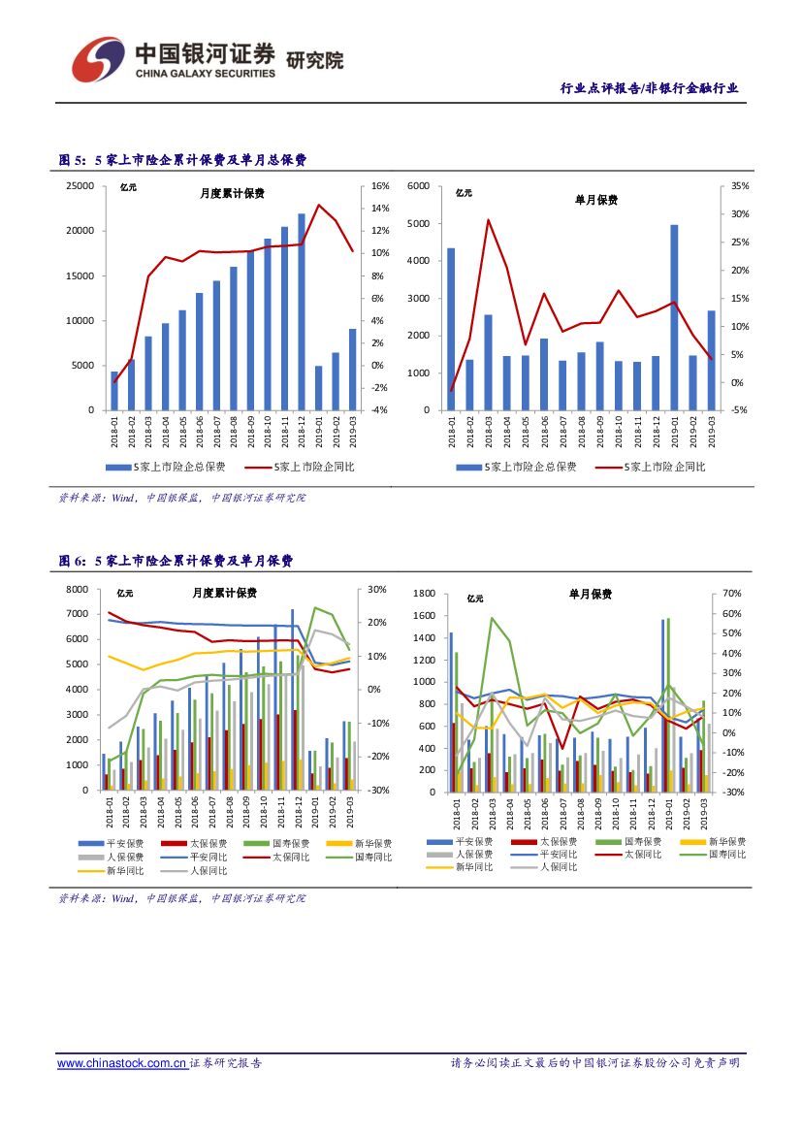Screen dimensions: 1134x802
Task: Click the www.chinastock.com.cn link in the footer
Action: tap(122, 1063)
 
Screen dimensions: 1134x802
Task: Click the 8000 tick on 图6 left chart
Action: tap(77, 590)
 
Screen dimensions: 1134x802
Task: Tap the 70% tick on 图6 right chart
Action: tap(732, 593)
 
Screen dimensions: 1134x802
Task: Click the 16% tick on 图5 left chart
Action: tap(380, 185)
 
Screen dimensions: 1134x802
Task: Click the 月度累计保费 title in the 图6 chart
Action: tap(224, 593)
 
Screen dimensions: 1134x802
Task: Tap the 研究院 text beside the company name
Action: tap(315, 60)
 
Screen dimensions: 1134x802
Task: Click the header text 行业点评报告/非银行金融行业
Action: tap(650, 88)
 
